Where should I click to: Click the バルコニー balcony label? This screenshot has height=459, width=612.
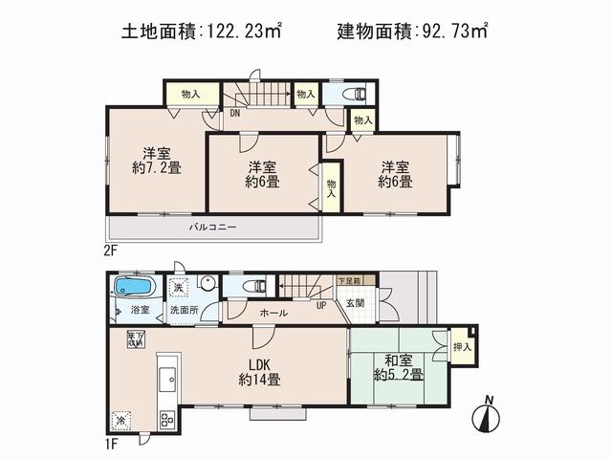(x=211, y=228)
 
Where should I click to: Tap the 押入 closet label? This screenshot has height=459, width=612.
(x=462, y=346)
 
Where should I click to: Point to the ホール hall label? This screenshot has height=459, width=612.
(x=275, y=312)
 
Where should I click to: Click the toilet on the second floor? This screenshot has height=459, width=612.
(x=353, y=94)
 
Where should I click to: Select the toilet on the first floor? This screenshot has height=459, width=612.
(x=254, y=286)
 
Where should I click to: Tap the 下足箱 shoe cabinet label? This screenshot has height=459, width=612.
(x=348, y=282)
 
